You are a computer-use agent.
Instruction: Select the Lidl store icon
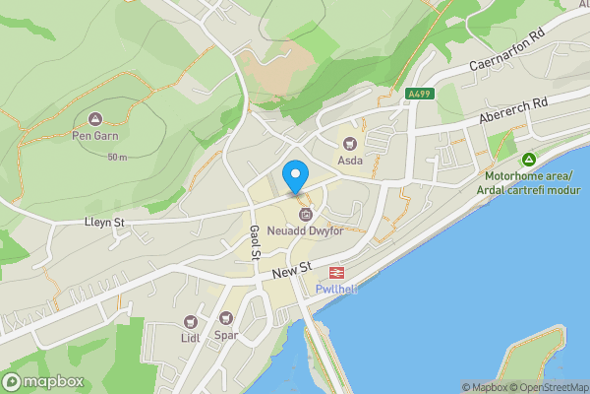190,322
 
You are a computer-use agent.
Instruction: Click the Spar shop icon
227,318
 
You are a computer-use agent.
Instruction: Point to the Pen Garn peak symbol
95,119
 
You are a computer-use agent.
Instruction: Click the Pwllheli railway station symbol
335,272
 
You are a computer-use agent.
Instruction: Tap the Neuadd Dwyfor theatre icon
305,214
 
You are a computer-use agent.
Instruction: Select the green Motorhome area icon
528,159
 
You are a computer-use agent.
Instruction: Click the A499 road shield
417,95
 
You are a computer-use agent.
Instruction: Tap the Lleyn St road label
103,224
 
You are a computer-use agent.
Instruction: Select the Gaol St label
254,241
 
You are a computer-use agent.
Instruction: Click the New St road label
292,267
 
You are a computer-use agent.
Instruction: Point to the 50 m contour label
118,158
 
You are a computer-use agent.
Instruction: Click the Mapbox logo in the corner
42,381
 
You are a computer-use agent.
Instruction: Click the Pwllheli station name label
336,289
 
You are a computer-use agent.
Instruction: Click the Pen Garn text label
95,137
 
